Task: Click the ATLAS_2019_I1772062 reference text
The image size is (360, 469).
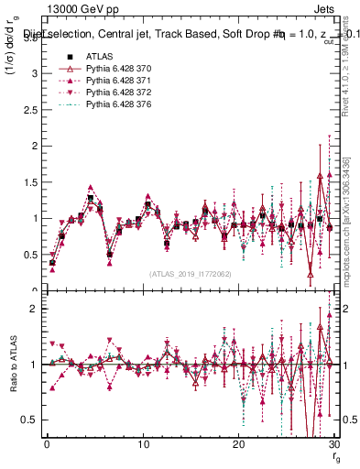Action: (x=190, y=274)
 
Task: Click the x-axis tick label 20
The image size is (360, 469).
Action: (x=238, y=444)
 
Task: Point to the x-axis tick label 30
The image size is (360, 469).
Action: (x=333, y=444)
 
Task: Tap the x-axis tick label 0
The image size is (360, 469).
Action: (x=47, y=444)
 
